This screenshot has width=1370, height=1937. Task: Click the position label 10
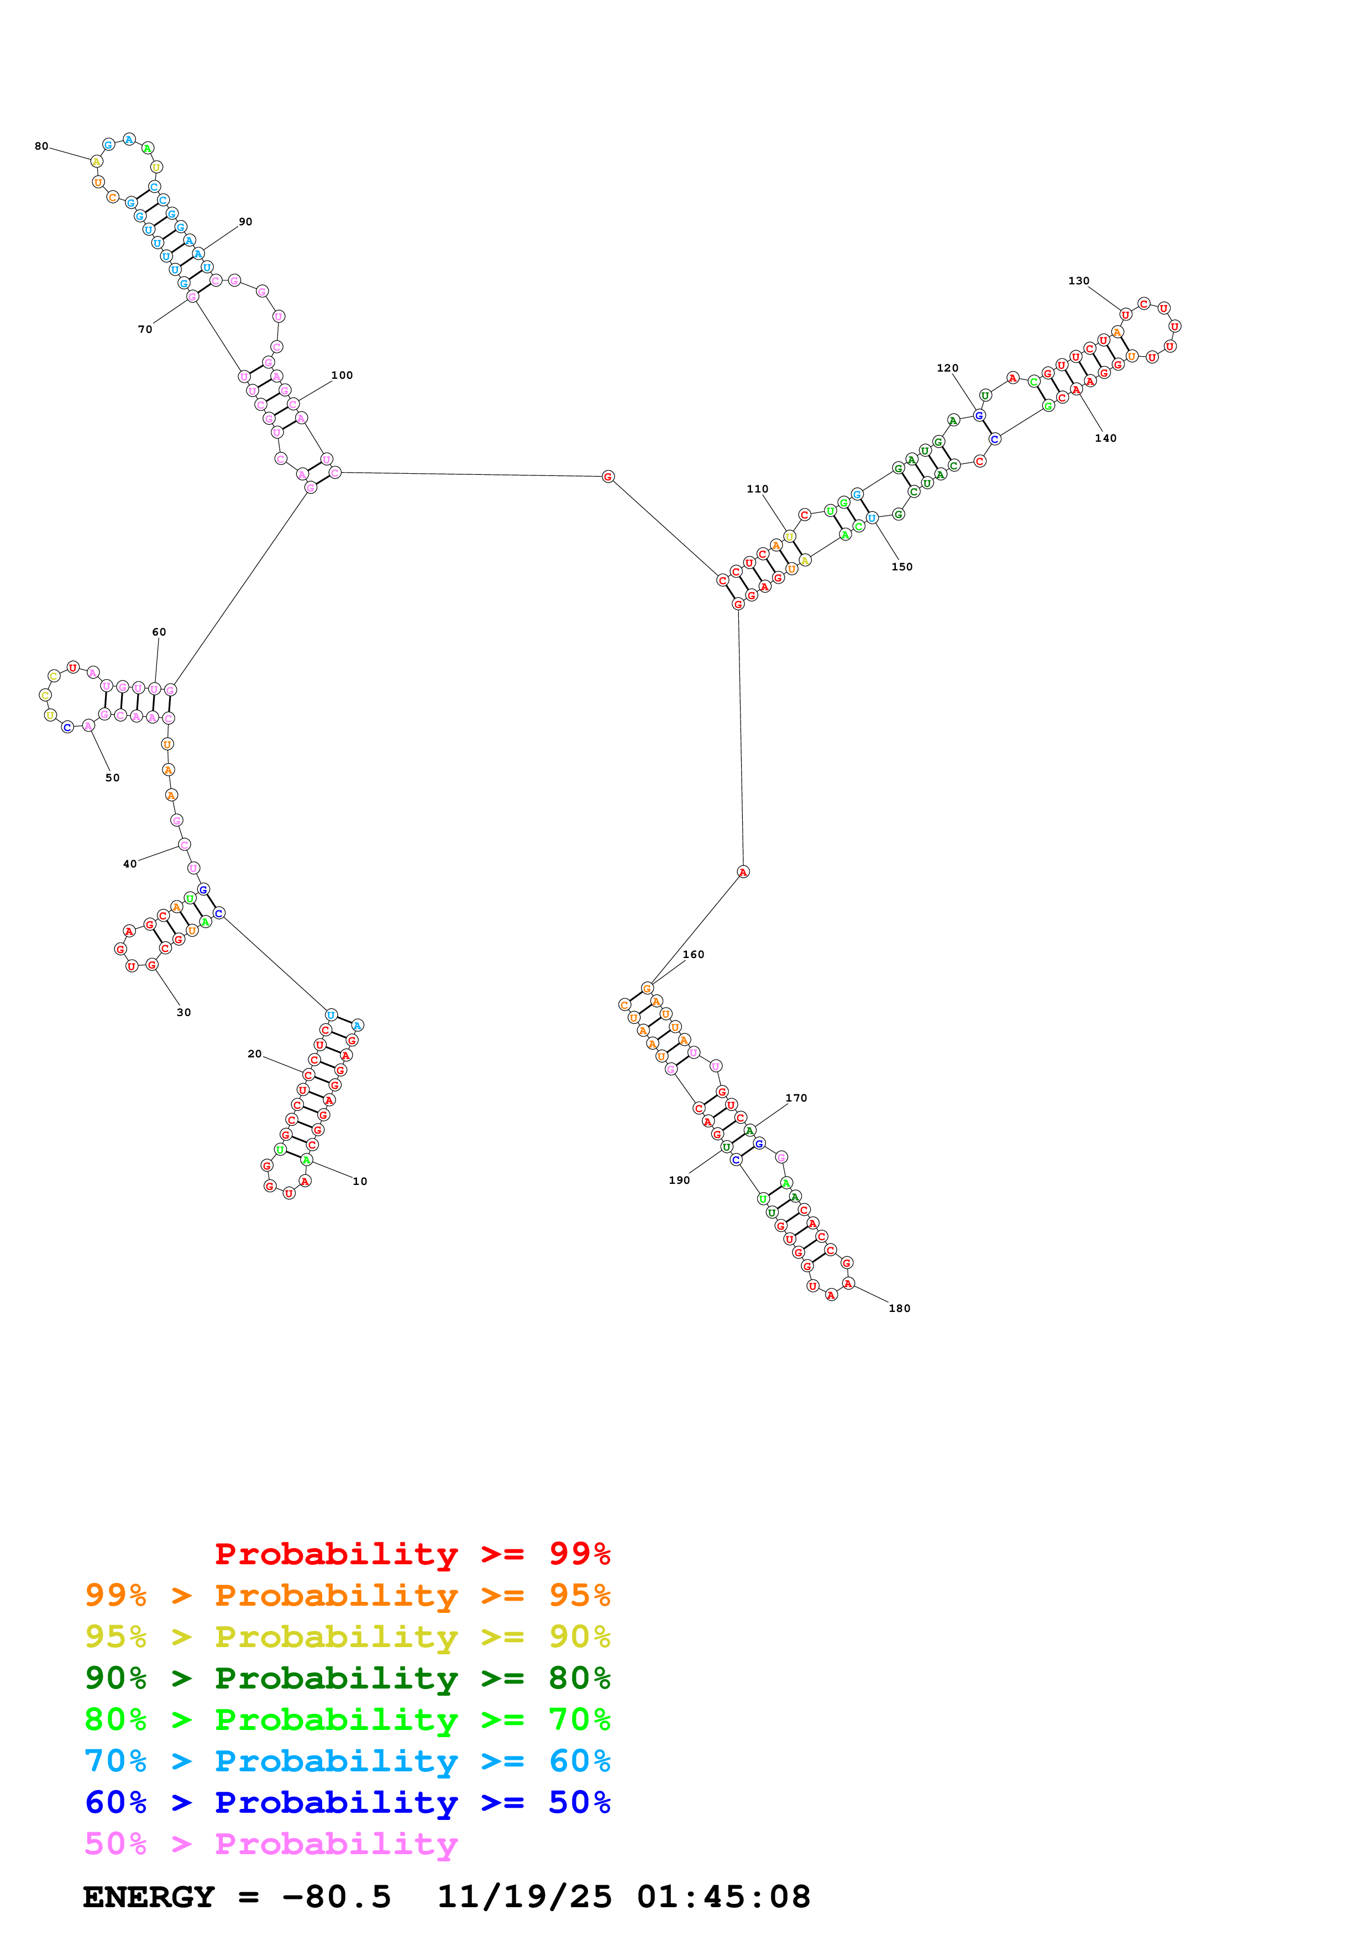click(x=360, y=1181)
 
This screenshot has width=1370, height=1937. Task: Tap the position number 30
click(x=183, y=1012)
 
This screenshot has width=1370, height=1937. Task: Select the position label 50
click(x=112, y=778)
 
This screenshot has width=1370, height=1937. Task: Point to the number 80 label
click(x=41, y=146)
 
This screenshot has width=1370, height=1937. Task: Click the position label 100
click(x=342, y=375)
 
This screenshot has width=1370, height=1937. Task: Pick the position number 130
click(x=1079, y=281)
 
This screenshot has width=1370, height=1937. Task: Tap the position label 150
click(x=901, y=567)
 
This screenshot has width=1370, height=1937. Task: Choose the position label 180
click(x=899, y=1309)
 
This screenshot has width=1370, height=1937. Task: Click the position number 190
click(x=680, y=1180)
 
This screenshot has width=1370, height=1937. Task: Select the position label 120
click(x=947, y=368)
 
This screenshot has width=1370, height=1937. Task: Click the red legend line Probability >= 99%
click(x=412, y=1554)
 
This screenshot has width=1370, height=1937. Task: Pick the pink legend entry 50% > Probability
click(x=271, y=1843)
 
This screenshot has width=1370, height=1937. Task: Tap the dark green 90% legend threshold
click(x=116, y=1678)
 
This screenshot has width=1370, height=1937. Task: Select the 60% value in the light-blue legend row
click(x=579, y=1761)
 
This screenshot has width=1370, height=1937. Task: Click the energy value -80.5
click(x=337, y=1897)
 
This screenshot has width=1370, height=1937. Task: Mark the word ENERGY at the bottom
click(x=149, y=1897)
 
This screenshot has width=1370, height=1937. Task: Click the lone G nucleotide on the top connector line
click(x=608, y=477)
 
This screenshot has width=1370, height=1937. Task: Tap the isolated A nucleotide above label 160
click(x=743, y=871)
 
